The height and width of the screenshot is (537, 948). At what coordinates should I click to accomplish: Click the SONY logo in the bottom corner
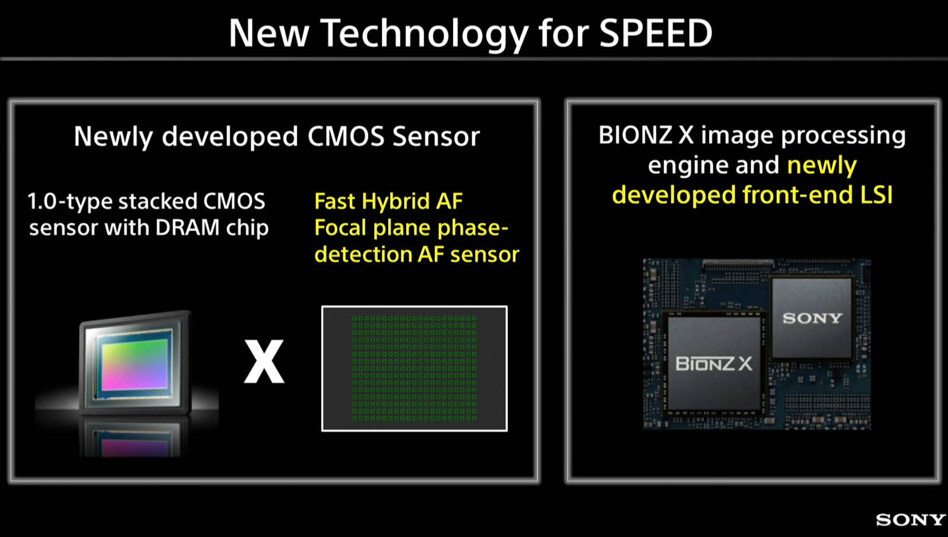pyautogui.click(x=911, y=520)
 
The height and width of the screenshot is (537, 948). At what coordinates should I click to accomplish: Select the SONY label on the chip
pyautogui.click(x=812, y=318)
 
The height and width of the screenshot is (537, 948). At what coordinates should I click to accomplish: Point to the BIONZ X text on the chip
pyautogui.click(x=714, y=364)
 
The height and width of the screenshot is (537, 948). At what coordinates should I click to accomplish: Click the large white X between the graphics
pyautogui.click(x=264, y=361)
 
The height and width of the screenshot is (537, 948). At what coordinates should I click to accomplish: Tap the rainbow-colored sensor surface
pyautogui.click(x=135, y=365)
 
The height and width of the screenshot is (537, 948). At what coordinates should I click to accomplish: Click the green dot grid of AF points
pyautogui.click(x=414, y=369)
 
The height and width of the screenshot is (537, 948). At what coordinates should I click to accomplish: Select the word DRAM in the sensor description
pyautogui.click(x=187, y=228)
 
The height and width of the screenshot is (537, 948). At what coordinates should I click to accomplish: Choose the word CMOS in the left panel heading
pyautogui.click(x=346, y=136)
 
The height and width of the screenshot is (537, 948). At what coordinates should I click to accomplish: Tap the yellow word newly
pyautogui.click(x=822, y=165)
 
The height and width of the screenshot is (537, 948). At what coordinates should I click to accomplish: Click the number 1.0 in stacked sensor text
pyautogui.click(x=42, y=202)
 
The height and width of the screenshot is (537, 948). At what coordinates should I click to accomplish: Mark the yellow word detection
pyautogui.click(x=363, y=254)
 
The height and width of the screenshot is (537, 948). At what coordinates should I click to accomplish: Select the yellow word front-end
pyautogui.click(x=794, y=195)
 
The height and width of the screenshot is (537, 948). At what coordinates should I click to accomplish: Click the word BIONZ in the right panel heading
pyautogui.click(x=635, y=135)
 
